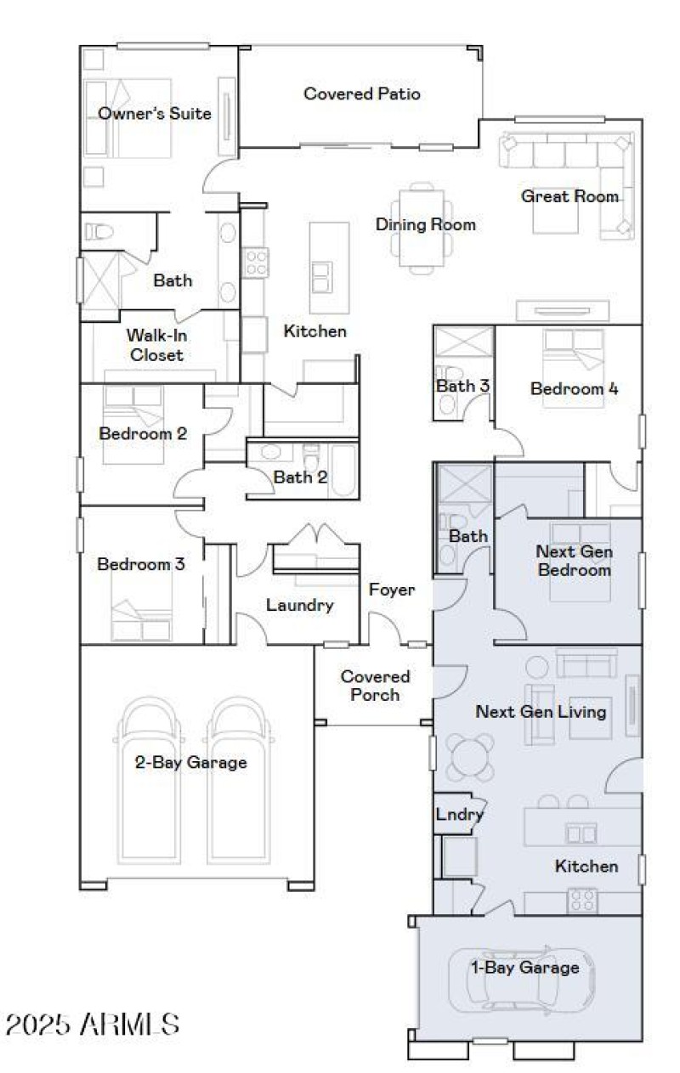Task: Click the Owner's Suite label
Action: [x=154, y=114]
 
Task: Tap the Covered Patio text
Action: [x=361, y=93]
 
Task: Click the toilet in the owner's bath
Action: [x=99, y=232]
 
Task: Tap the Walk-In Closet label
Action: [x=156, y=345]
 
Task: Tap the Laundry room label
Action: [x=299, y=606]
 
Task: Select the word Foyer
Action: [x=392, y=590]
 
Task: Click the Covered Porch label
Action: [x=375, y=686]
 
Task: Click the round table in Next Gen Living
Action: [x=472, y=755]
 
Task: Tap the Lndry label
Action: [x=459, y=815]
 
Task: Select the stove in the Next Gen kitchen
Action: [x=582, y=900]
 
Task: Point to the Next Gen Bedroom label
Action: [x=574, y=561]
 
